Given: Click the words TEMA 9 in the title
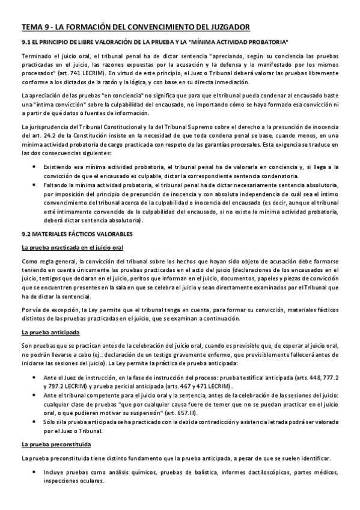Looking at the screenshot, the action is point(35,26).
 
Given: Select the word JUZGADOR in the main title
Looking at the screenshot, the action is point(224,26).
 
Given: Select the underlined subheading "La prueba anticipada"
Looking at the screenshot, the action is point(50,332).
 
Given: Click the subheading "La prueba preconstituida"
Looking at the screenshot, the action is point(56,444).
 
